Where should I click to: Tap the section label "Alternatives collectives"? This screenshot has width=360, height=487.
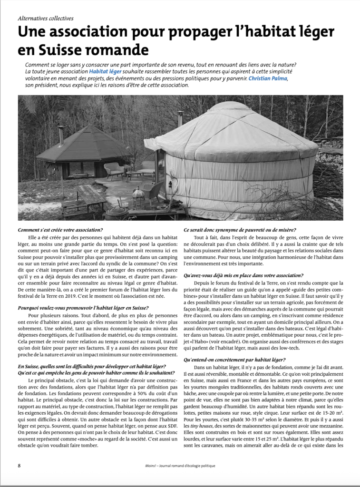pos(46,19)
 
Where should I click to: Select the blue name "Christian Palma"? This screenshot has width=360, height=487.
pos(268,78)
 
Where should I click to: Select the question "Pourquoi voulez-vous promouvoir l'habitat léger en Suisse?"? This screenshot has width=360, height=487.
pos(83,308)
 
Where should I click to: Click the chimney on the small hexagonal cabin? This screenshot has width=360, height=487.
pos(60,135)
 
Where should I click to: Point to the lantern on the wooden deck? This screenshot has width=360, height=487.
pos(137,196)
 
